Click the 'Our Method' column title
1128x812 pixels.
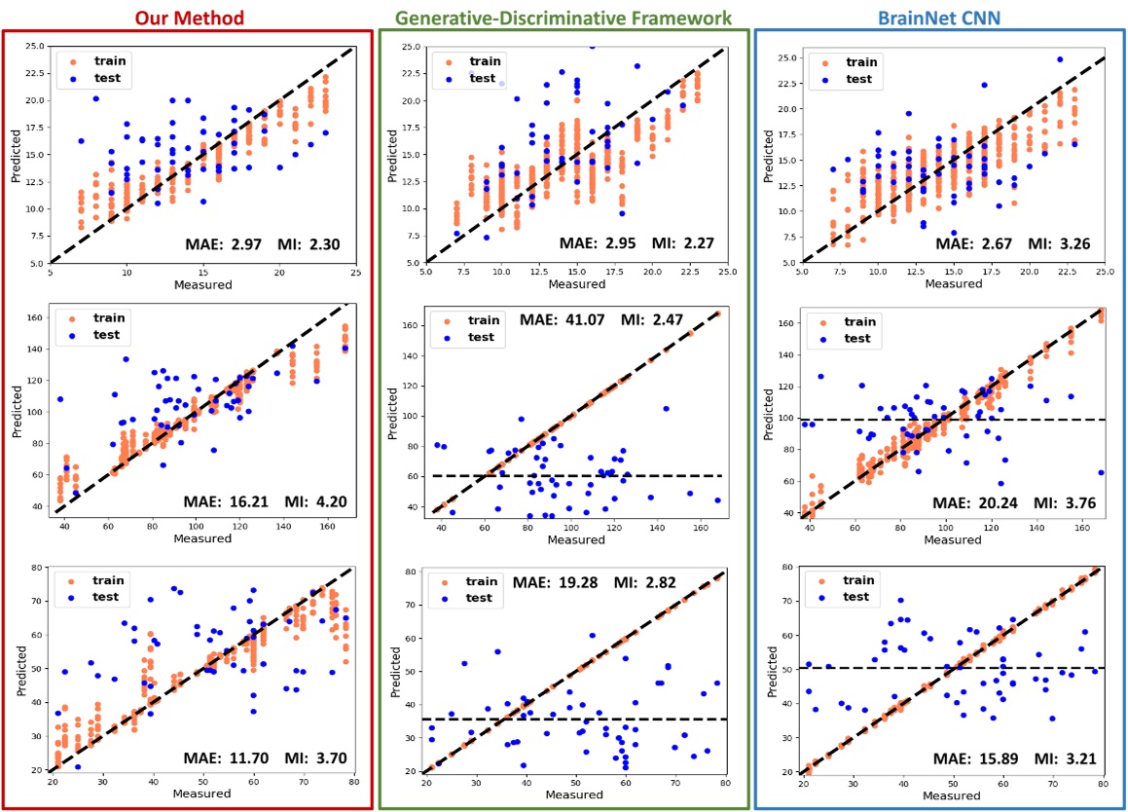[189, 17]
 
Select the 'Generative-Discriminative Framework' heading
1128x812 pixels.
[564, 17]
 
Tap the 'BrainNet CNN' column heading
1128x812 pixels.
[940, 17]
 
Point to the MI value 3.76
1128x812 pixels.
[1073, 502]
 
